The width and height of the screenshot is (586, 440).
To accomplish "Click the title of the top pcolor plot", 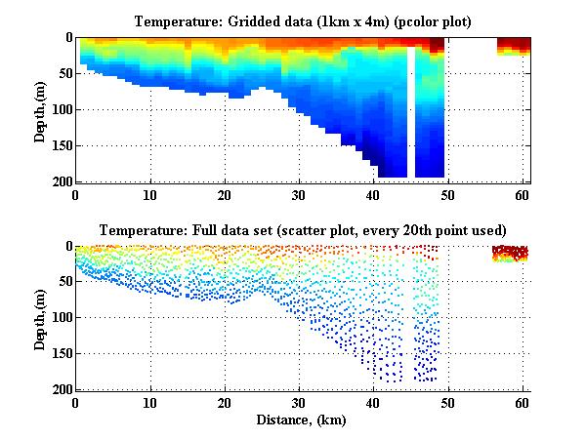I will coord(303,20).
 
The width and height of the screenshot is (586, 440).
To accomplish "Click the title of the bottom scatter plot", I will coord(303,230).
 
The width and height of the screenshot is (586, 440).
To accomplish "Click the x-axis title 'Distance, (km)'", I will coord(303,420).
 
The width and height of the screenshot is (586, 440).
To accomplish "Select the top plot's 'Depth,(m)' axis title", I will coord(40,109).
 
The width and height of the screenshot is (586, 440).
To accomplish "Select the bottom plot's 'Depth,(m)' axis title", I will coord(40,318).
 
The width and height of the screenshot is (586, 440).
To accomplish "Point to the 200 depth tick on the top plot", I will coord(61,181).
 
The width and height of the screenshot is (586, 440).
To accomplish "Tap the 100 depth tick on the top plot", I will coord(61,109).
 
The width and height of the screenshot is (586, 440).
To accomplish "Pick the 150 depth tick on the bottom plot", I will coord(61,354).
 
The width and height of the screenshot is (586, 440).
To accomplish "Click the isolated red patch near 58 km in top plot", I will coord(514,46).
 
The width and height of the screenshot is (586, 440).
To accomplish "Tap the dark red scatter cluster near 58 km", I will coord(509,254).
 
